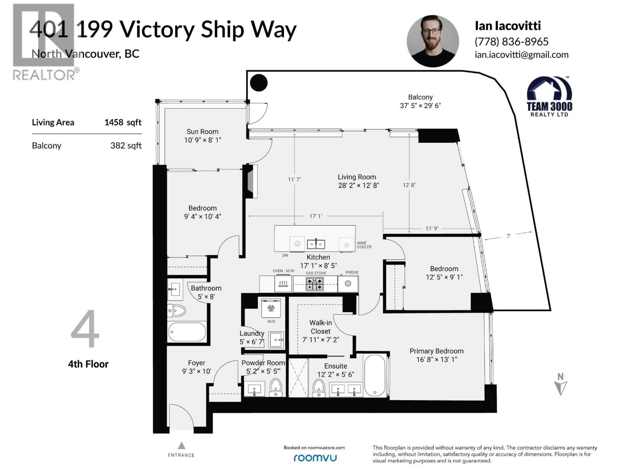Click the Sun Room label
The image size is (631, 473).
(x=203, y=132)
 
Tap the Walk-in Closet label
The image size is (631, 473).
(x=321, y=327)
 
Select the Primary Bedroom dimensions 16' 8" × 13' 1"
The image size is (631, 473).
(x=436, y=360)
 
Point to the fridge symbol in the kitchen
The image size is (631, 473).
(x=348, y=284)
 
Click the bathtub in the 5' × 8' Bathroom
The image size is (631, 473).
(x=187, y=332)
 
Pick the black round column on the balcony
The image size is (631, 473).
(x=259, y=83)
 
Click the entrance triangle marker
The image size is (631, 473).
(x=181, y=445)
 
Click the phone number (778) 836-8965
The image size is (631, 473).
(x=512, y=42)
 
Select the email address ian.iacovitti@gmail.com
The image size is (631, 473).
(x=521, y=55)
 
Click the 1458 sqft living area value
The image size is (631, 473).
(x=123, y=122)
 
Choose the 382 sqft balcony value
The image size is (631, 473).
(x=126, y=146)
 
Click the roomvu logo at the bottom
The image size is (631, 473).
(x=315, y=458)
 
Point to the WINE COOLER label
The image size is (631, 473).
(x=364, y=245)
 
